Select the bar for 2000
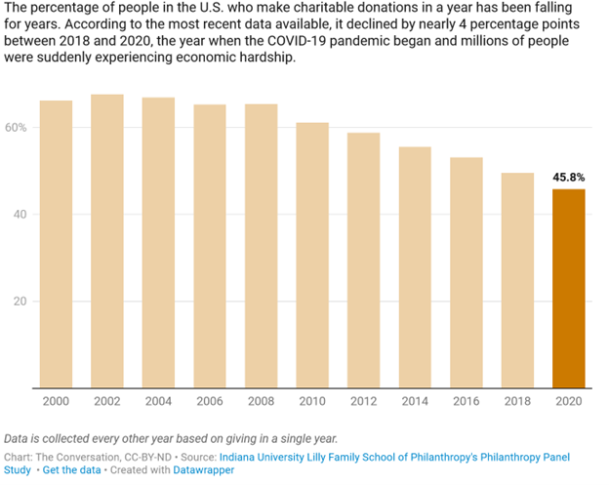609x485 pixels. [x=56, y=244]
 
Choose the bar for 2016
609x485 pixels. [x=467, y=272]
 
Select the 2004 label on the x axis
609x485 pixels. [x=158, y=402]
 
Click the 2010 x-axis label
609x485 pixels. [x=312, y=402]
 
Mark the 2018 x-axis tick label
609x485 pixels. [x=517, y=402]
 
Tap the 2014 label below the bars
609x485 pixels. [x=415, y=402]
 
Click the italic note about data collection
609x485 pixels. [x=171, y=437]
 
